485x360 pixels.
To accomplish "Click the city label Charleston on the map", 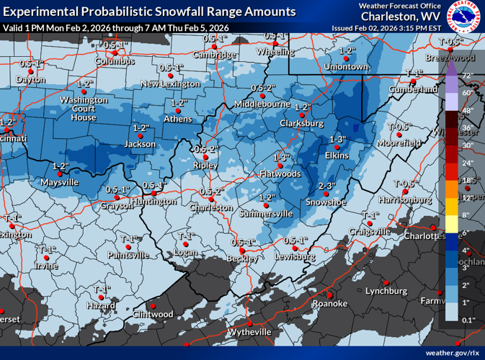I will point(211,207).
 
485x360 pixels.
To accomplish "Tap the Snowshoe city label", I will point(326,202).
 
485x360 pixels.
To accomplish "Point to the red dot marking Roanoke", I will point(328,294).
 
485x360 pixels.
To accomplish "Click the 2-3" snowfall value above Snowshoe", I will point(326,186).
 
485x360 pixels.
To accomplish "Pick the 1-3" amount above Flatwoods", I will point(282,157).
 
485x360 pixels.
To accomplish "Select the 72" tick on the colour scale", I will point(466,76).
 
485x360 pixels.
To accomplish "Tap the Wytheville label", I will point(249,332).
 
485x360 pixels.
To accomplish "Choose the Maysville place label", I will point(60,182).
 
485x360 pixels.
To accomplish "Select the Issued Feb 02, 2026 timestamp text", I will point(387,27).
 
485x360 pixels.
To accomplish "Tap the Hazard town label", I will point(102,306).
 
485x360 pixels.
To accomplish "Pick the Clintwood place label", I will point(153,314).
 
